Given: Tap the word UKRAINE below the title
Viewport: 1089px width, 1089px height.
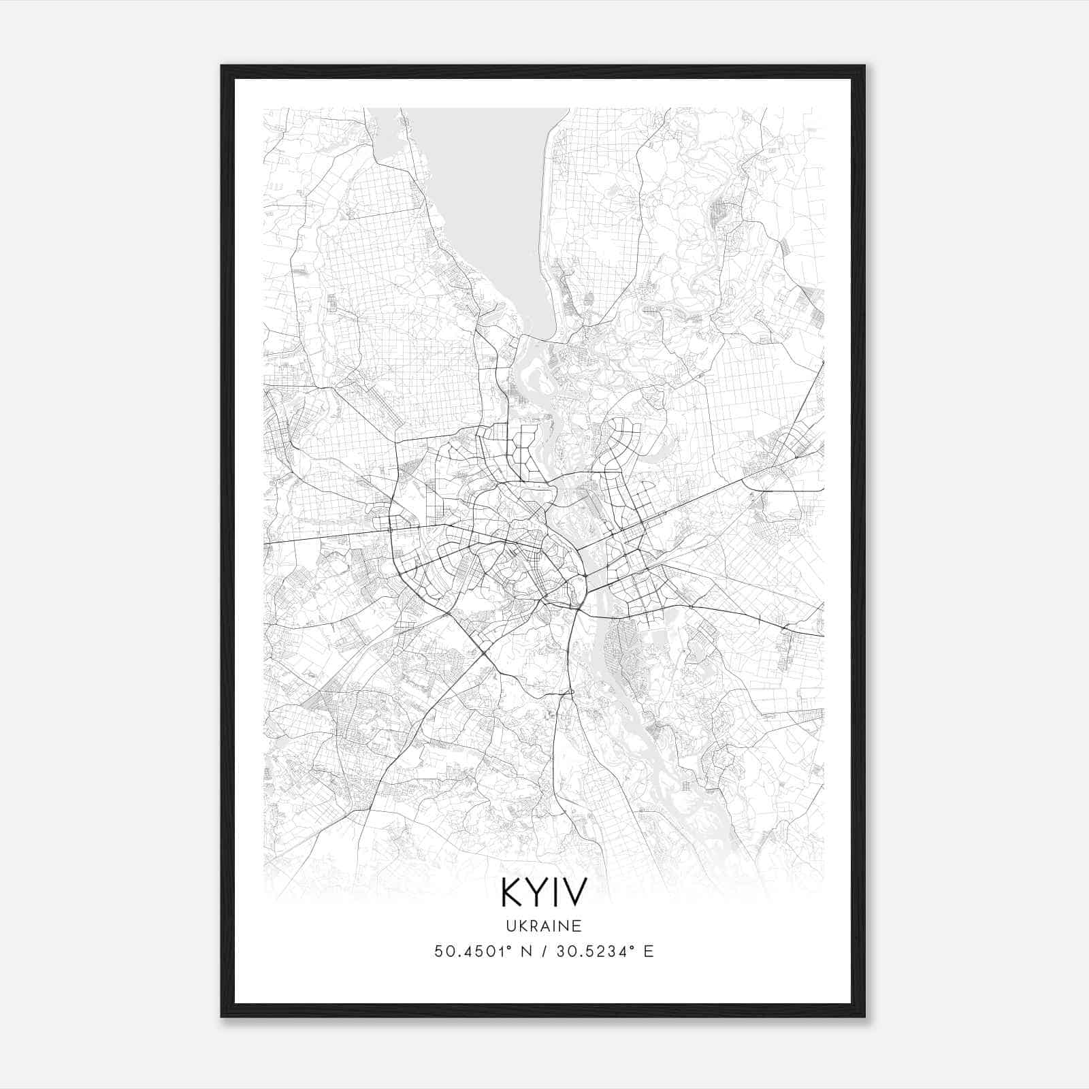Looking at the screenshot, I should [x=543, y=926].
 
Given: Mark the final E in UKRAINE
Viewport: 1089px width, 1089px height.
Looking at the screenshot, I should [x=577, y=926].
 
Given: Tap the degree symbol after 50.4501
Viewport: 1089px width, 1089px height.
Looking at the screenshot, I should [x=512, y=947].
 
